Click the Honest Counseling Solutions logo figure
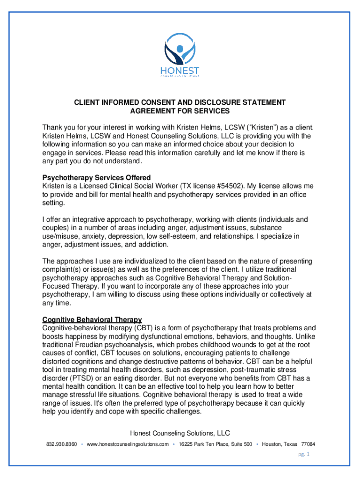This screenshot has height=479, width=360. (180, 49)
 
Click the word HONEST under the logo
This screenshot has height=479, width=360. (180, 71)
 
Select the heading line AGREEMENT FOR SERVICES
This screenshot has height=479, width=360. (180, 111)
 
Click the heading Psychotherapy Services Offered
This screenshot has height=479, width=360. (96, 178)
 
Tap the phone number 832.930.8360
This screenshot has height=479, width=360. (61, 444)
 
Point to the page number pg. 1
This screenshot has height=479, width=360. (304, 454)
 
